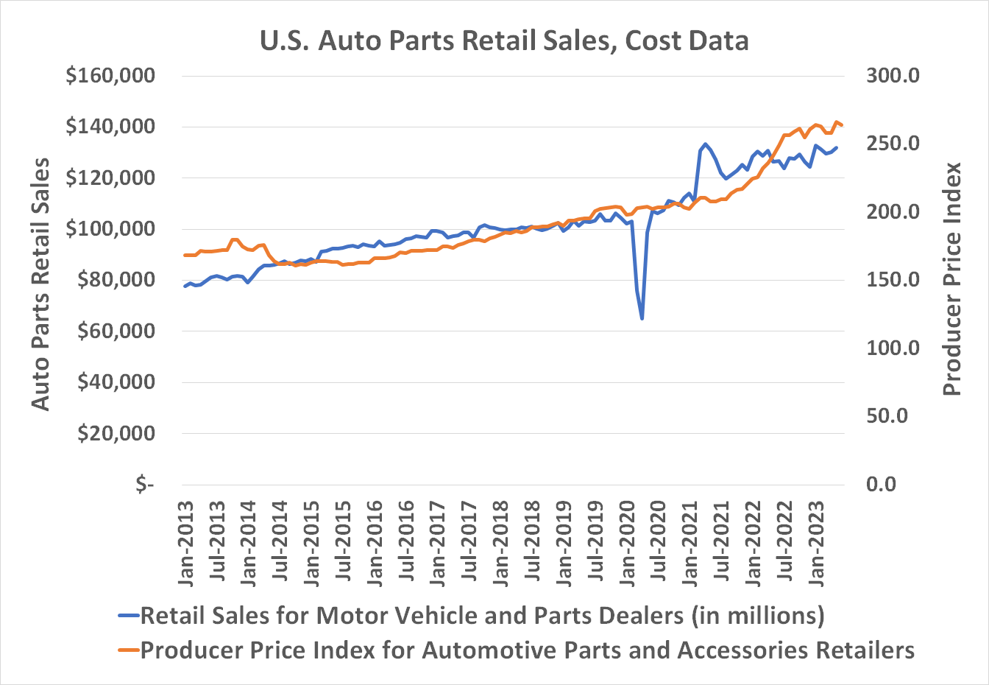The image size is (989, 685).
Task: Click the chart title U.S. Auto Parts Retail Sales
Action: coord(504,41)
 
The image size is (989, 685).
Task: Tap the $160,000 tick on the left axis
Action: coord(110,76)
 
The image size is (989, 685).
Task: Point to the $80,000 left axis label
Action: coord(116,280)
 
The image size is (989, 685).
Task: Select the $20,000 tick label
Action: coord(116,433)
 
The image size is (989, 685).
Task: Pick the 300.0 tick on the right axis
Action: coord(893,76)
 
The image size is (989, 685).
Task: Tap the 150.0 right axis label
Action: coord(893,280)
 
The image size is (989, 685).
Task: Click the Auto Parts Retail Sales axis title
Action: coord(40,284)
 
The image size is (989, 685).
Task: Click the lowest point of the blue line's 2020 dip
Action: coord(642,318)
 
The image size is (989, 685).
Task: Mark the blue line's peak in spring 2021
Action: coord(705,144)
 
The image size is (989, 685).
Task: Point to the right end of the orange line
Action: coord(842,125)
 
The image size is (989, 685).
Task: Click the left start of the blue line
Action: coord(185,286)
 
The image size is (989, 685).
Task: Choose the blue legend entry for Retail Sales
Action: coord(471,615)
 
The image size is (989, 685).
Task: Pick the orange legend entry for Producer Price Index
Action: coord(515,650)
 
